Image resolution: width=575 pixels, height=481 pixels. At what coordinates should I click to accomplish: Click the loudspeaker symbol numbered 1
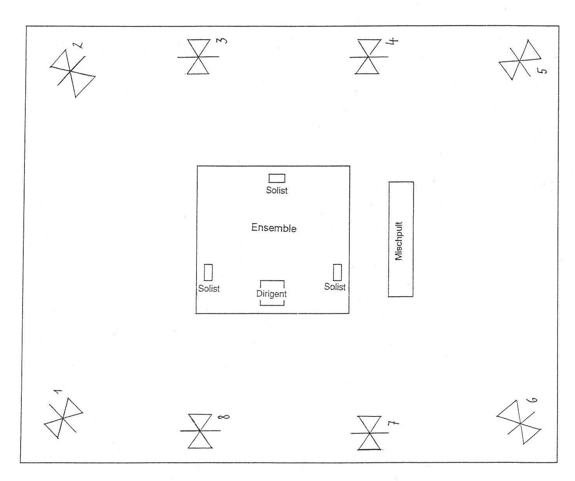63,418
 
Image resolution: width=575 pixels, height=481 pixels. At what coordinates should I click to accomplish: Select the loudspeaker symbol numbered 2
71,71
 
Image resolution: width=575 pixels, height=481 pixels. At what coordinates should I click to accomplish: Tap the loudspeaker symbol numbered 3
198,57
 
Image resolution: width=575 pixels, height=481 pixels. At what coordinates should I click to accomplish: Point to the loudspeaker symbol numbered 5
520,61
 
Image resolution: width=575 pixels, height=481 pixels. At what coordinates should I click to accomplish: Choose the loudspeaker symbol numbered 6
520,423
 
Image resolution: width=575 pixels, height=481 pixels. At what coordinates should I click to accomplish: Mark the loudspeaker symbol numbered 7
369,433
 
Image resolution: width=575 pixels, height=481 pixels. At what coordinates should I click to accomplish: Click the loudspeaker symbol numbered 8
200,431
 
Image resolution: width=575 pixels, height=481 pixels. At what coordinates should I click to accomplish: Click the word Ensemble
274,228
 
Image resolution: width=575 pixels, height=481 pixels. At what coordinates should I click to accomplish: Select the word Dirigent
272,294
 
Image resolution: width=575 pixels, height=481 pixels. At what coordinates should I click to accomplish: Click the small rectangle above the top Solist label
277,178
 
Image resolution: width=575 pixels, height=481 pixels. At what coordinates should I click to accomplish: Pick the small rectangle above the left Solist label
208,272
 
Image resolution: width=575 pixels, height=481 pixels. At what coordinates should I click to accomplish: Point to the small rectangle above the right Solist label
337,272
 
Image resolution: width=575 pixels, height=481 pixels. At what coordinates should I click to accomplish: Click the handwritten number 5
543,71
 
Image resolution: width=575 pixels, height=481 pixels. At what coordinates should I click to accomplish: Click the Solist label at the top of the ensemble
277,191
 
